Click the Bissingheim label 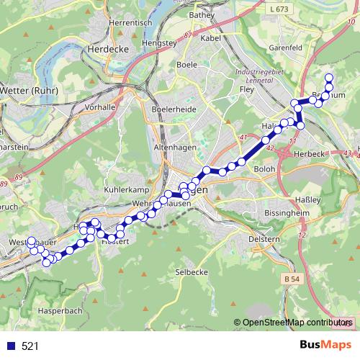pyautogui.click(x=279, y=214)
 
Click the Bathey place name pyautogui.click(x=202, y=14)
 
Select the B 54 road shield pyautogui.click(x=291, y=278)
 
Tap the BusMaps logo pyautogui.click(x=325, y=346)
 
